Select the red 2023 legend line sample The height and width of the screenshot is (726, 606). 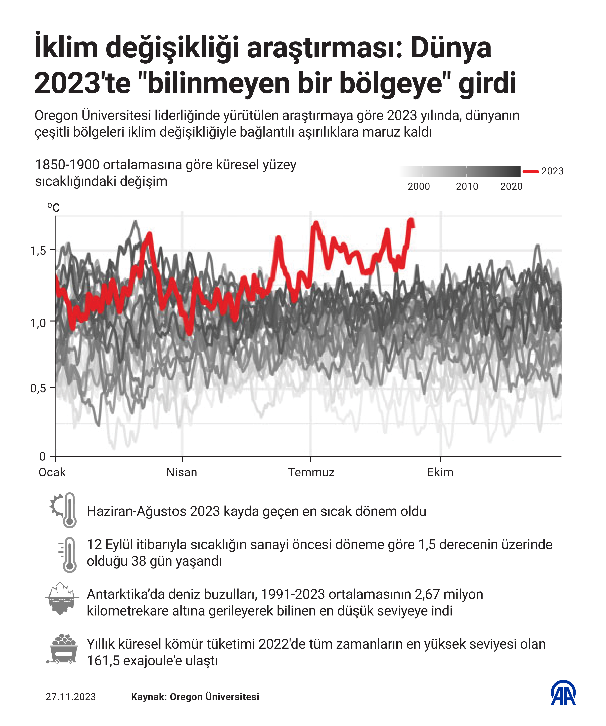530,171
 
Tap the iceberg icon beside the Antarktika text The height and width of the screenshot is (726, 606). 62,598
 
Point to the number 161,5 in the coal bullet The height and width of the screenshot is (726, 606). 103,661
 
